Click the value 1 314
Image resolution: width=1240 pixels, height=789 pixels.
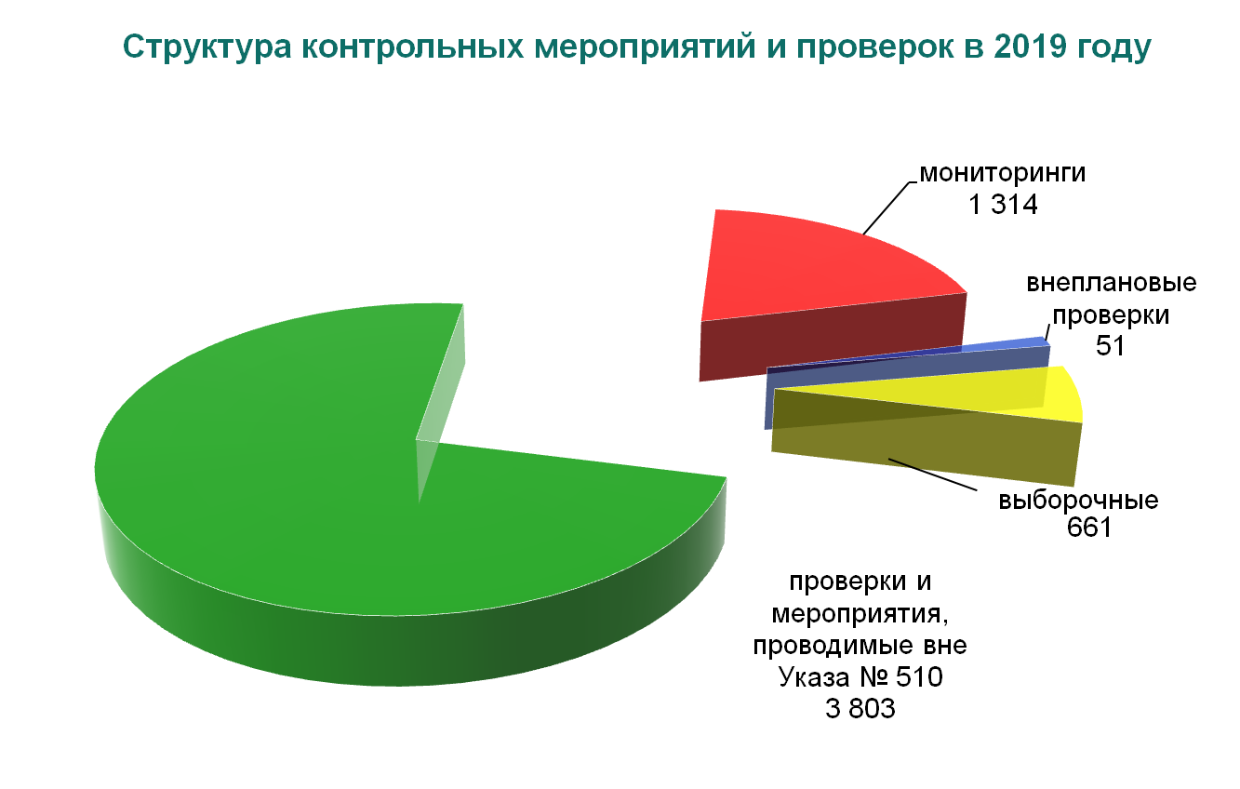1003,205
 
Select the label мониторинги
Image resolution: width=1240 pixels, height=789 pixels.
1003,173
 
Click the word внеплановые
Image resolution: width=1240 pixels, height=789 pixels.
1112,283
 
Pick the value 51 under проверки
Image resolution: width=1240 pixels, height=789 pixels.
1110,346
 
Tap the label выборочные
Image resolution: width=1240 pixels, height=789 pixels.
1078,501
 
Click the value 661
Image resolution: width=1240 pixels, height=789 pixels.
1089,528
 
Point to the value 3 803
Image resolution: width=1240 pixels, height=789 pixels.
860,709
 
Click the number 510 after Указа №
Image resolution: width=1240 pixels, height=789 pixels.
919,677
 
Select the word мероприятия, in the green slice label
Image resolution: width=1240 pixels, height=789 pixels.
860,615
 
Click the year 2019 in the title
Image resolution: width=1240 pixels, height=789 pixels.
1030,46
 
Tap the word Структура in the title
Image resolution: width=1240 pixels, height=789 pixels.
207,47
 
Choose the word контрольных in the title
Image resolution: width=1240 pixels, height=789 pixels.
412,47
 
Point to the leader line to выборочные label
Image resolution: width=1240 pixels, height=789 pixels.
932,475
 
